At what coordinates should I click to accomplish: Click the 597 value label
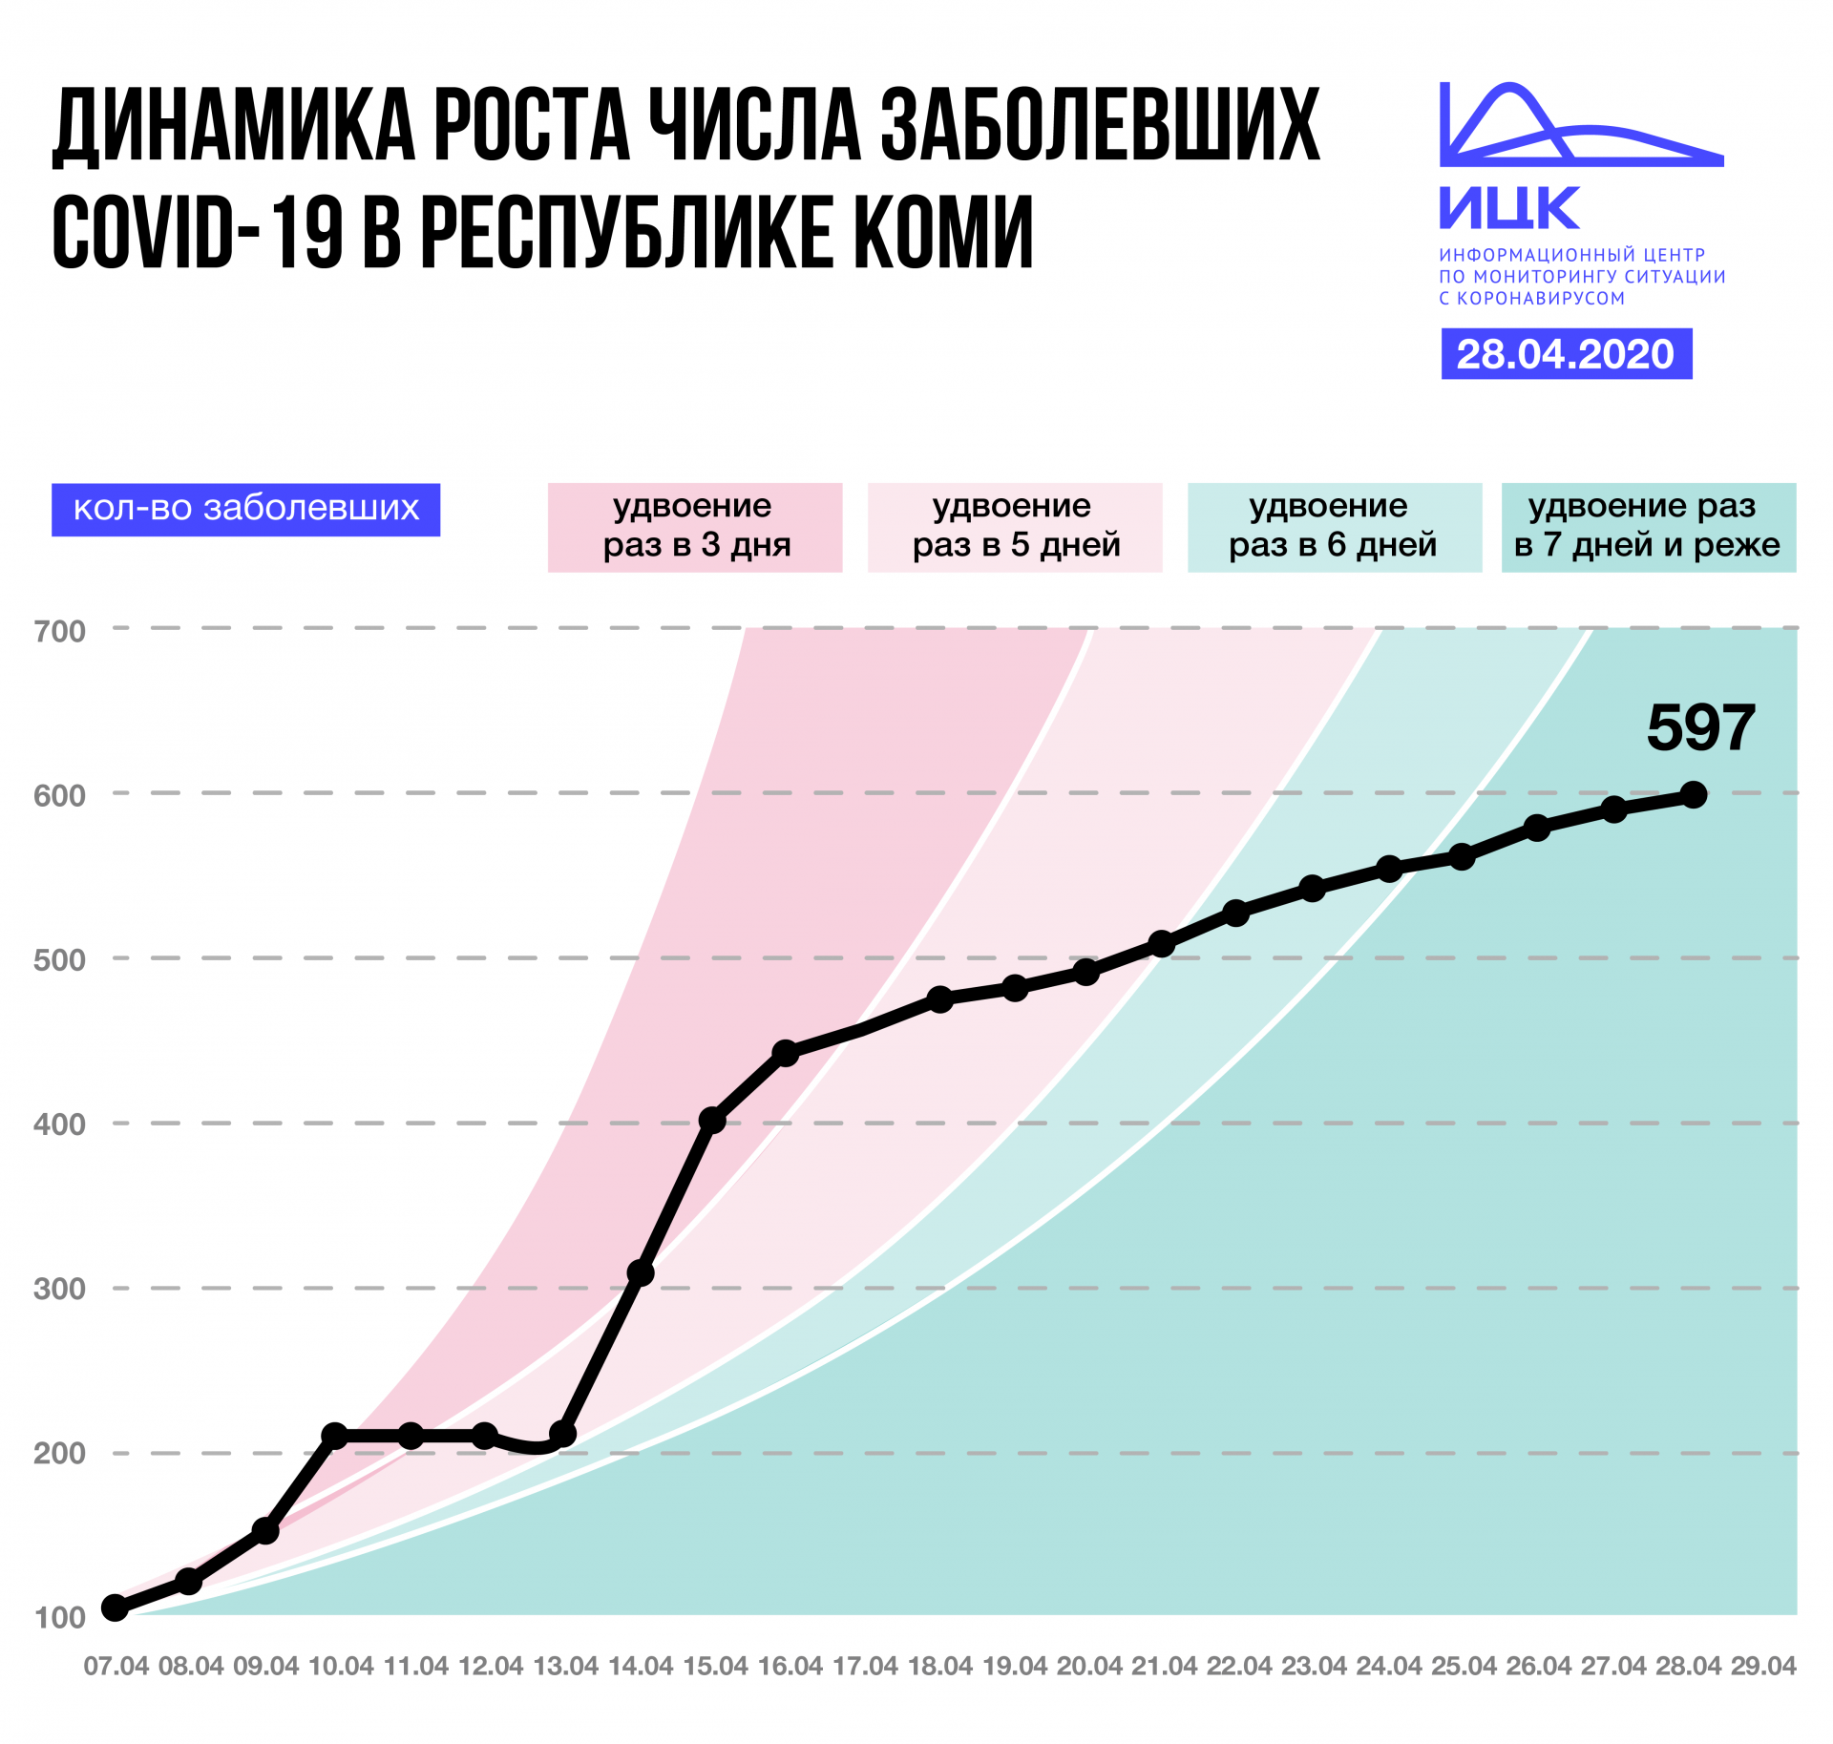point(1700,728)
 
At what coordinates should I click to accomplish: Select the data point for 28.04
point(1693,794)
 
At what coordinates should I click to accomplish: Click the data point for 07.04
point(116,1607)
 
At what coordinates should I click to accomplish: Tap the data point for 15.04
point(712,1120)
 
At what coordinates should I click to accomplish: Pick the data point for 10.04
point(334,1435)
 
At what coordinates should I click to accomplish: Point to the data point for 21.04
point(1161,944)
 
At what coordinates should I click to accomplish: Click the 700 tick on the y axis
point(59,631)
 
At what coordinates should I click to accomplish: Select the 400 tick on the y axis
point(59,1124)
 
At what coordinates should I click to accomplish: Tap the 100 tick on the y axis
point(59,1617)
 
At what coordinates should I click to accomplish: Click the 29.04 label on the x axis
point(1763,1666)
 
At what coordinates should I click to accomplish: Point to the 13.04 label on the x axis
point(565,1666)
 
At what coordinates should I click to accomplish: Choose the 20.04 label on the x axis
point(1089,1666)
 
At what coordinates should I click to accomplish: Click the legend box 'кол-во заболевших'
point(245,509)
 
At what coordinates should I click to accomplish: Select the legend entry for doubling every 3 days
point(695,527)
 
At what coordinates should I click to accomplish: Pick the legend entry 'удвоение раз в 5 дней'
point(1015,527)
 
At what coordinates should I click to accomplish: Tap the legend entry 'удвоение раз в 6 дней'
point(1334,527)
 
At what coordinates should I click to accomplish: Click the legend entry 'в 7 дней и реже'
point(1648,527)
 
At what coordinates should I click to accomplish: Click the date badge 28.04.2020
point(1566,354)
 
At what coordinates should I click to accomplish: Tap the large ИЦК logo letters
point(1509,208)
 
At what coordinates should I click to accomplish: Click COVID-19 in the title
point(197,232)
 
